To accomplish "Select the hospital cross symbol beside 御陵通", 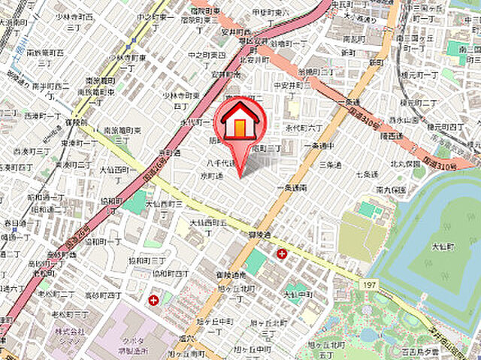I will [282, 253].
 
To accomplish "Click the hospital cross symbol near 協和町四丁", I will [153, 300].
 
